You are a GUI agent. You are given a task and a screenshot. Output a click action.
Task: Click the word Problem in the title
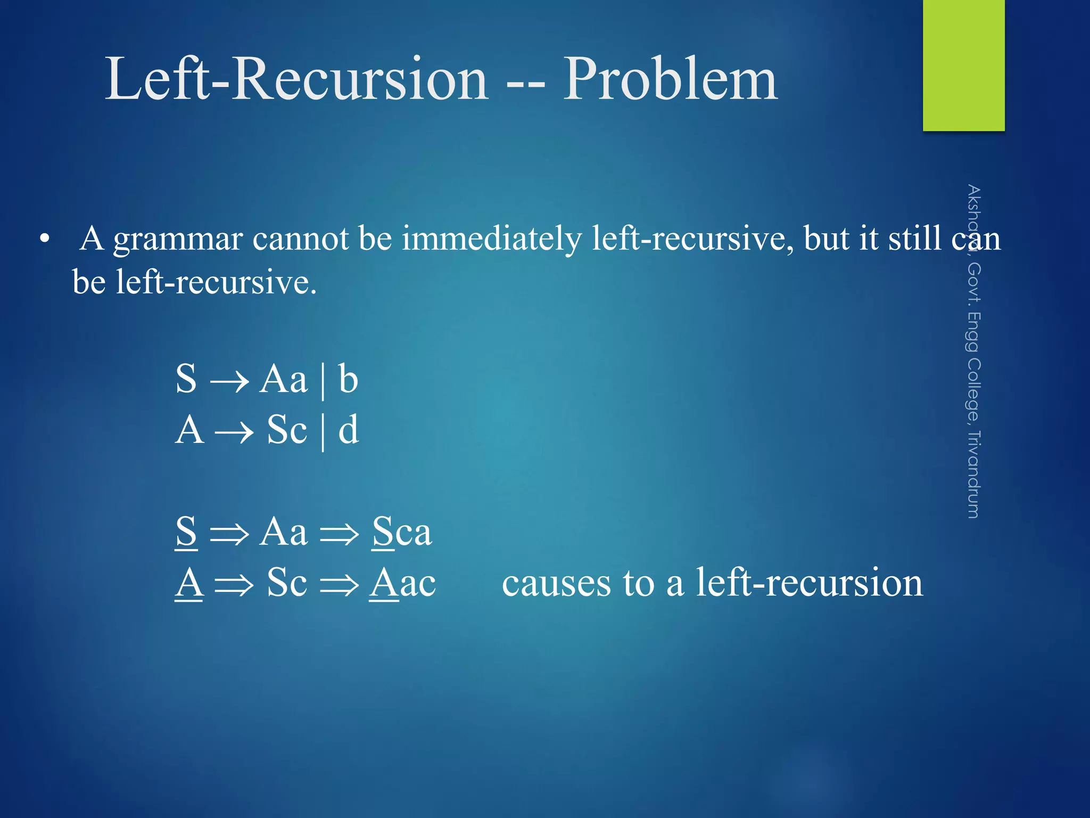671,80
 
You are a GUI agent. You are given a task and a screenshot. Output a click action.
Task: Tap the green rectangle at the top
963,64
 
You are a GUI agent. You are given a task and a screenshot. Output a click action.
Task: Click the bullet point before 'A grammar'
45,240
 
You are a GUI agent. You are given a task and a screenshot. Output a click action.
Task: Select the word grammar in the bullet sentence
178,240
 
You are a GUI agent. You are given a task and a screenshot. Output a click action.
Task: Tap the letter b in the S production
348,379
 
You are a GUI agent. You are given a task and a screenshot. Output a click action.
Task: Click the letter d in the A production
349,430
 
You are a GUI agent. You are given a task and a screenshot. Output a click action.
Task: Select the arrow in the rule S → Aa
229,381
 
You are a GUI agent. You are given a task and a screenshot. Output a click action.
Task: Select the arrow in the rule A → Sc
234,432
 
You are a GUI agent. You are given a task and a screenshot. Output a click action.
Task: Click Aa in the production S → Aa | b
283,379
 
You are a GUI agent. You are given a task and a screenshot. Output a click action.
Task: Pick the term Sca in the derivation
402,531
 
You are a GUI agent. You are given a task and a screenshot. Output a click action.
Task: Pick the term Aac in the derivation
403,583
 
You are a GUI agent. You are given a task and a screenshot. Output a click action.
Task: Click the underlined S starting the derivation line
186,531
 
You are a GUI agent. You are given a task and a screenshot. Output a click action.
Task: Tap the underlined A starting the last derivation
189,583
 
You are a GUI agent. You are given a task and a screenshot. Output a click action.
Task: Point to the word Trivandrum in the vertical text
973,475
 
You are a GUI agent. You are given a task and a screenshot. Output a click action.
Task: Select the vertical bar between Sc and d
323,431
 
